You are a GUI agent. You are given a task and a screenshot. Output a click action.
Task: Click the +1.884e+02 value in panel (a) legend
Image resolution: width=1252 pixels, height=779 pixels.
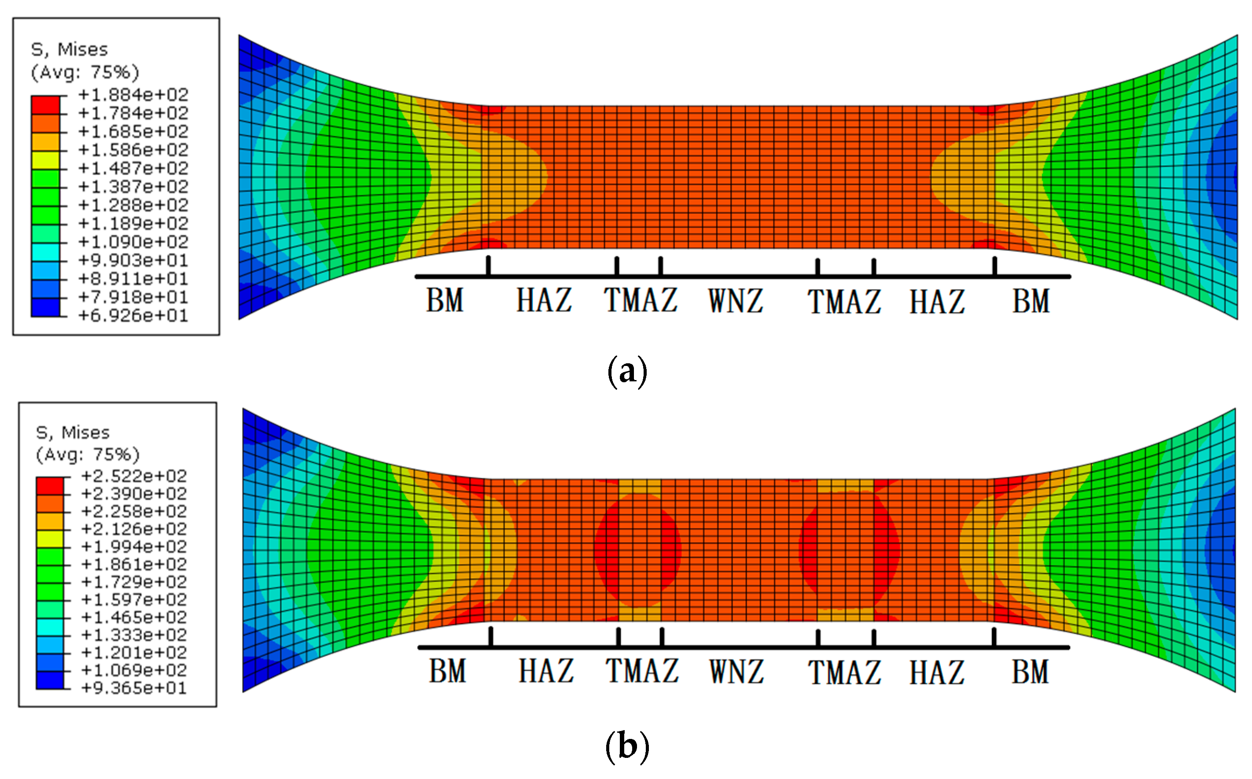click(x=133, y=95)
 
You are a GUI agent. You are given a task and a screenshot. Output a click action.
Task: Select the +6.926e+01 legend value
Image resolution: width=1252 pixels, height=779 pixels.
click(x=133, y=315)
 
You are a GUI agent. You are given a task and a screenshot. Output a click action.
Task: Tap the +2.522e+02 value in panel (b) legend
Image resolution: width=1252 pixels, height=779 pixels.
click(x=134, y=476)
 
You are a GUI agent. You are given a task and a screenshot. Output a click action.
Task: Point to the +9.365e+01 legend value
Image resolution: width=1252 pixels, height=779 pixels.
click(x=134, y=688)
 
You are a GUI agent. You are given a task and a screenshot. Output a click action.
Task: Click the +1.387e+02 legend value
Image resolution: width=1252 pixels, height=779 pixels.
click(x=133, y=187)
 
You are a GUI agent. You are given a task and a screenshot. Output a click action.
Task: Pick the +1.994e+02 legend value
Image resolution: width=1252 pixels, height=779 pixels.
click(x=134, y=546)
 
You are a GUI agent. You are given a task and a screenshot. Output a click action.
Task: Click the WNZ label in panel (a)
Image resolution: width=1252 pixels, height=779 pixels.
click(x=736, y=301)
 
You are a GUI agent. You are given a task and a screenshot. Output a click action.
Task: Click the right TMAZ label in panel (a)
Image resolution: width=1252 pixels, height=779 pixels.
click(x=844, y=301)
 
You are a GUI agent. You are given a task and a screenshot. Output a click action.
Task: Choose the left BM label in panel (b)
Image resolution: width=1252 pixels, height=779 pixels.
click(x=448, y=671)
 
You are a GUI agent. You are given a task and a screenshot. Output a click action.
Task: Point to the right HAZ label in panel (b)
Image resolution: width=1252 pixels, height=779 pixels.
click(x=937, y=672)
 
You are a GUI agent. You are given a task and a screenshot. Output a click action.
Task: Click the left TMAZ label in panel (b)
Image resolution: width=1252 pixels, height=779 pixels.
click(x=642, y=671)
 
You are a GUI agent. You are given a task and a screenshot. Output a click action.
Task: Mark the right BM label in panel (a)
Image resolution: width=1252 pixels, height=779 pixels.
click(x=1031, y=301)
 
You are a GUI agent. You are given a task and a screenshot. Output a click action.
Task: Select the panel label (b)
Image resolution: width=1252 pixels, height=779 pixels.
click(x=627, y=746)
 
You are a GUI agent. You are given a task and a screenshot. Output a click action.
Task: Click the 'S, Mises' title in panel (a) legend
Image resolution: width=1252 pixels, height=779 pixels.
click(x=70, y=49)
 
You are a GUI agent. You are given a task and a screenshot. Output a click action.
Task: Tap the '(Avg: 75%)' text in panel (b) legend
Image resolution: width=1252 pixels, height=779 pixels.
click(x=88, y=454)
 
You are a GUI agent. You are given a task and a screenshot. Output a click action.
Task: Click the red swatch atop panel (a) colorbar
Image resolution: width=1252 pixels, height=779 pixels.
click(x=45, y=105)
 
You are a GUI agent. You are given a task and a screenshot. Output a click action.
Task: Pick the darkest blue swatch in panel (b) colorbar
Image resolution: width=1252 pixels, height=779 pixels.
click(x=49, y=680)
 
